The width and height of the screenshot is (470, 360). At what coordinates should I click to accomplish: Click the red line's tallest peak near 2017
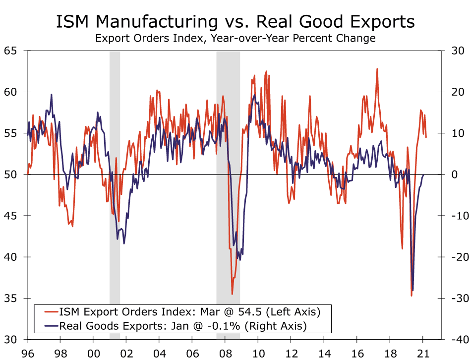point(377,69)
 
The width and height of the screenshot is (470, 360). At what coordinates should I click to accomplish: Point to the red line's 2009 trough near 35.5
point(232,294)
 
